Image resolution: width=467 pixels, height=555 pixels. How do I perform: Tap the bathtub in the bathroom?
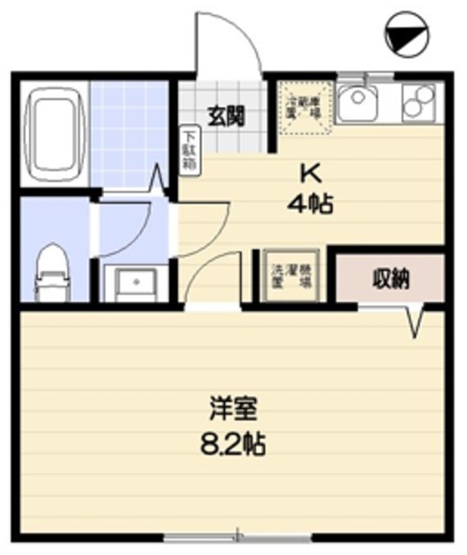55,134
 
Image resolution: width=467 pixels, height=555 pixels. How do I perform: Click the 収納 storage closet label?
391,279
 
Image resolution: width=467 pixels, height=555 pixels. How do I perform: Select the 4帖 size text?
311,205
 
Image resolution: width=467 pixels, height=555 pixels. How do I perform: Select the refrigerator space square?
302,107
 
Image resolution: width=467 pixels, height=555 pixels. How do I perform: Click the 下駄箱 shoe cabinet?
190,147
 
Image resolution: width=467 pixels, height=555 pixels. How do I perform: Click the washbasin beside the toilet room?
132,282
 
